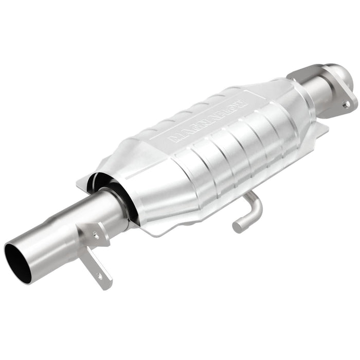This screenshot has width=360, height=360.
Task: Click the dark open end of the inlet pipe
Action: pyautogui.click(x=17, y=262)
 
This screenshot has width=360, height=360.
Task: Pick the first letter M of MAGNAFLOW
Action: pyautogui.click(x=175, y=137)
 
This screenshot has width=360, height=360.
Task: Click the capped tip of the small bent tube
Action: pyautogui.click(x=238, y=226)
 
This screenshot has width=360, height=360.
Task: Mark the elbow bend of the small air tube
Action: pyautogui.click(x=255, y=203)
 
